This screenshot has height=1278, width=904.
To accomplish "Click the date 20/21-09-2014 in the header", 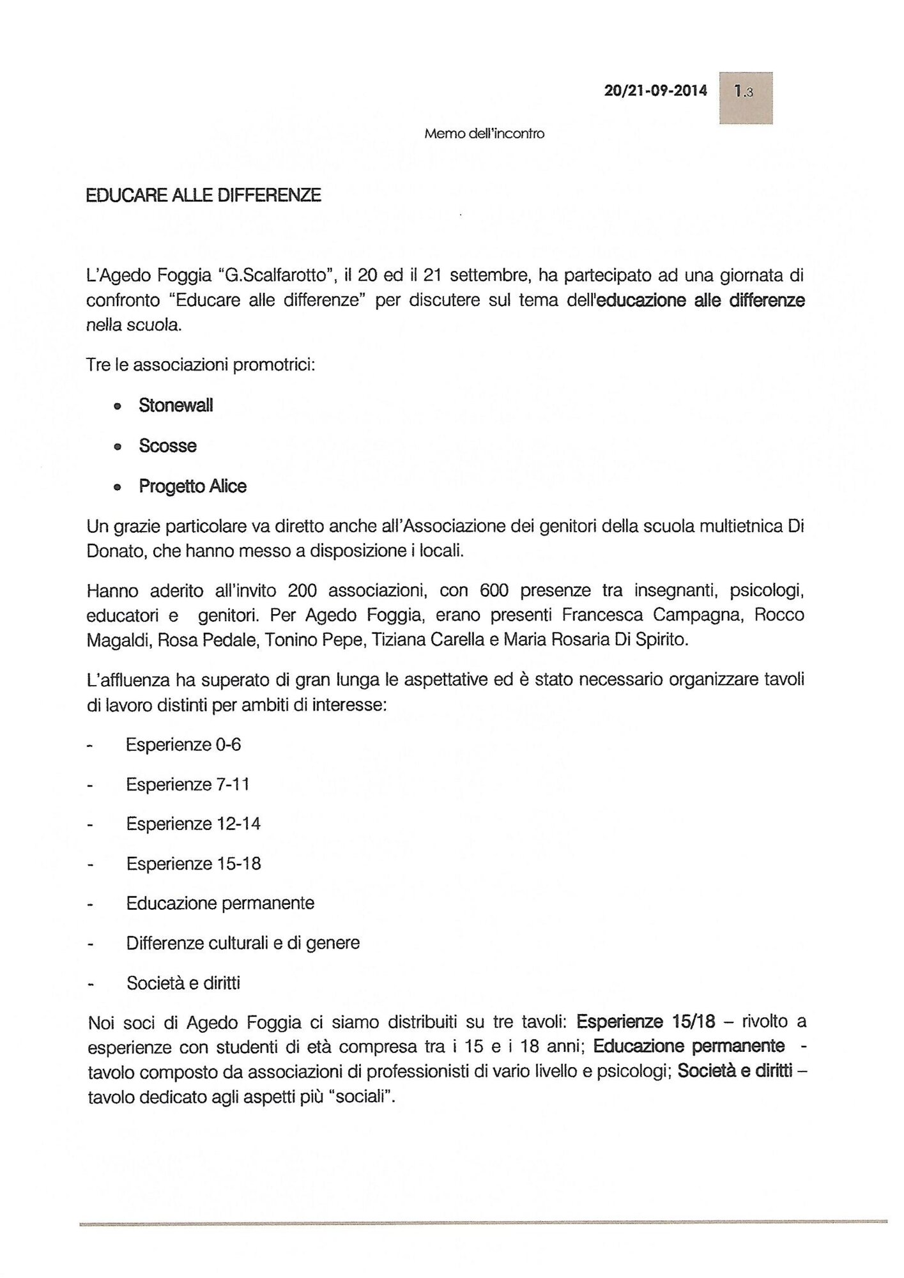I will pyautogui.click(x=655, y=91).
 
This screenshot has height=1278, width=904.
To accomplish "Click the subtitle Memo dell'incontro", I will pyautogui.click(x=484, y=134).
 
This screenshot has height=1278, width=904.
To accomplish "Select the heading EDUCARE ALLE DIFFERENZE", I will pyautogui.click(x=204, y=195).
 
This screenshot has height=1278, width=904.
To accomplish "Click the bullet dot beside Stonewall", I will pyautogui.click(x=117, y=407).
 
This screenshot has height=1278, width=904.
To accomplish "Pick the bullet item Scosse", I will pyautogui.click(x=167, y=445).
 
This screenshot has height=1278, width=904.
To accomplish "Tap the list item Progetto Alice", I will pyautogui.click(x=192, y=486).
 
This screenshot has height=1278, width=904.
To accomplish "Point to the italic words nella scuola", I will pyautogui.click(x=134, y=325).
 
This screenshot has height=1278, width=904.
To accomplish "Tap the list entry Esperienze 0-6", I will pyautogui.click(x=183, y=744).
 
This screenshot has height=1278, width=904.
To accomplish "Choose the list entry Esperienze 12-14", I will pyautogui.click(x=193, y=824).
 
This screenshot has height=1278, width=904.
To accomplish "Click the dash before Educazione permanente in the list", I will pyautogui.click(x=91, y=905).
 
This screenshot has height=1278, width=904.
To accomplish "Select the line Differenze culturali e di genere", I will pyautogui.click(x=243, y=943).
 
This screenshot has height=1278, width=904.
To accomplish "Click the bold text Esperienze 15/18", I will pyautogui.click(x=645, y=1022).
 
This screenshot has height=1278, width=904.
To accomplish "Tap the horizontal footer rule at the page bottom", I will pyautogui.click(x=483, y=1221).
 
